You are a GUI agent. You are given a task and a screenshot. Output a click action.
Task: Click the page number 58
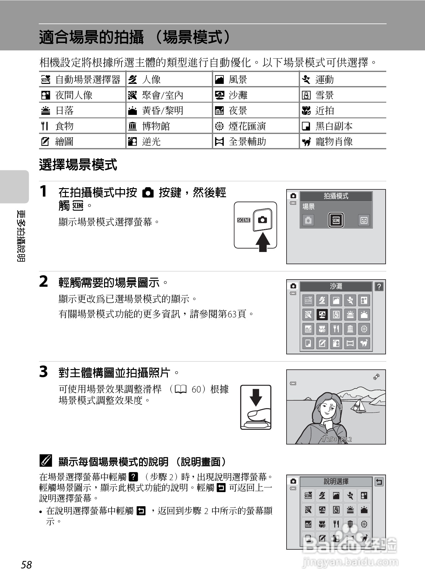[27, 565]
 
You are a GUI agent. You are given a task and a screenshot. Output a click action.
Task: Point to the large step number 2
[44, 281]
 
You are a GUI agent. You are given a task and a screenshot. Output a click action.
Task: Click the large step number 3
[44, 372]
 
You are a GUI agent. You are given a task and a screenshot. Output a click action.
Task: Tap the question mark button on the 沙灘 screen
[379, 286]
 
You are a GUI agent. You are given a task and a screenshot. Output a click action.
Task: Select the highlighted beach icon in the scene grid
[322, 314]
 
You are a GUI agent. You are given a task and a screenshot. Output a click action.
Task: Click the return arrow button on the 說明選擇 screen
[379, 481]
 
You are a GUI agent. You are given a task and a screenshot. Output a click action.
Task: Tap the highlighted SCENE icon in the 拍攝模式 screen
[336, 220]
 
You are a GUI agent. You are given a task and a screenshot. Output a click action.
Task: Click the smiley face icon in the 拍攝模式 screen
[364, 220]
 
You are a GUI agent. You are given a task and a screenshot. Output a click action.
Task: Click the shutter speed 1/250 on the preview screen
[329, 439]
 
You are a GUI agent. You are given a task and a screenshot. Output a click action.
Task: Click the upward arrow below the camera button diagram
[263, 242]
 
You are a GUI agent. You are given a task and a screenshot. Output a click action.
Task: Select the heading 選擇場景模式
[78, 165]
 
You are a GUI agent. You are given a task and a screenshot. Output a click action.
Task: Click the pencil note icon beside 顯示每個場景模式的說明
[46, 461]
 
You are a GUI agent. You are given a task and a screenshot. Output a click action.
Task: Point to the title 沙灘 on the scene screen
[336, 286]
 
